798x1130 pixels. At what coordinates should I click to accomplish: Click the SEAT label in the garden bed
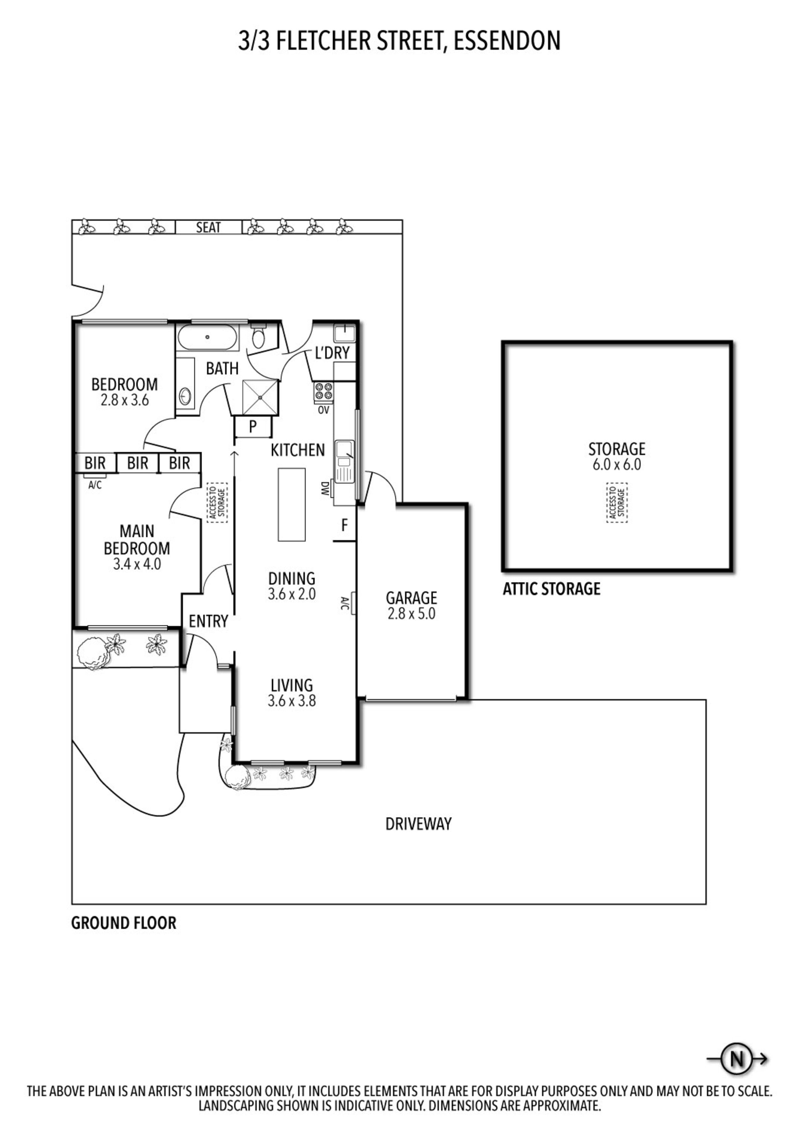click(208, 227)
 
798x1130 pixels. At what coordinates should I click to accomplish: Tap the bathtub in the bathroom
click(207, 338)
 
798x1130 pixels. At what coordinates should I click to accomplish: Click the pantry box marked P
click(253, 426)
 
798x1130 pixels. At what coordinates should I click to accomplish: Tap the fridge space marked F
click(344, 525)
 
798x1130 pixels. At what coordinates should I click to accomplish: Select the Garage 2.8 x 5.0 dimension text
click(411, 614)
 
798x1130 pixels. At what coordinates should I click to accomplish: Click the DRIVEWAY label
click(418, 823)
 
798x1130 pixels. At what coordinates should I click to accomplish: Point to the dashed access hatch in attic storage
click(616, 502)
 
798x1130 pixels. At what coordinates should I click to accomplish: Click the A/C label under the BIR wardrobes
click(94, 485)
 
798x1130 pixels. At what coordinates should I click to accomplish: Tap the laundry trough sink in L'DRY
click(345, 333)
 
